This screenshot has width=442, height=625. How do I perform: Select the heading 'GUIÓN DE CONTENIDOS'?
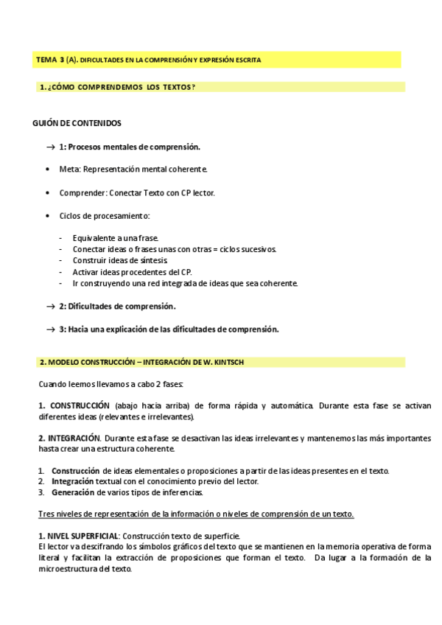pyautogui.click(x=77, y=123)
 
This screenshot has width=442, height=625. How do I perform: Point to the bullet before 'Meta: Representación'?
pyautogui.click(x=48, y=170)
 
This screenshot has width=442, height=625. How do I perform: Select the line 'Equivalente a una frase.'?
pyautogui.click(x=115, y=238)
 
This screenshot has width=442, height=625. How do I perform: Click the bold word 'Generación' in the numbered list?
pyautogui.click(x=71, y=492)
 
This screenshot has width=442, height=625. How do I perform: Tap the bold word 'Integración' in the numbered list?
pyautogui.click(x=72, y=481)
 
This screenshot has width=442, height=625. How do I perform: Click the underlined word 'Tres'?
pyautogui.click(x=46, y=514)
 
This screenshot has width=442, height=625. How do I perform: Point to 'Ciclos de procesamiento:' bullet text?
pyautogui.click(x=104, y=215)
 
